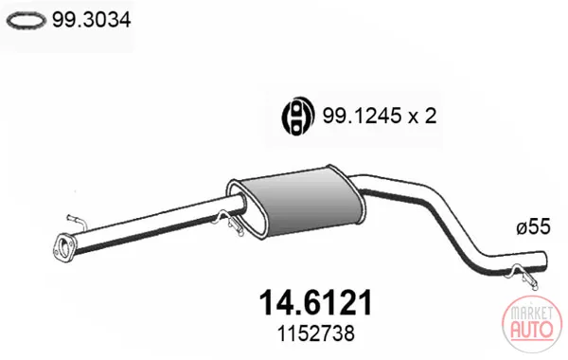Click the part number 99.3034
coord(91,20)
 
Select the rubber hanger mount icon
coord(298,117)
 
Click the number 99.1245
coord(362,116)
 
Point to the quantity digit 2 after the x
coord(430,116)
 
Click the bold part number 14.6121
coord(315,303)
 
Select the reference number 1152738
coord(315,333)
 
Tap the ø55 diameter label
coord(533,226)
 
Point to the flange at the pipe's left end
coord(63,247)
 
